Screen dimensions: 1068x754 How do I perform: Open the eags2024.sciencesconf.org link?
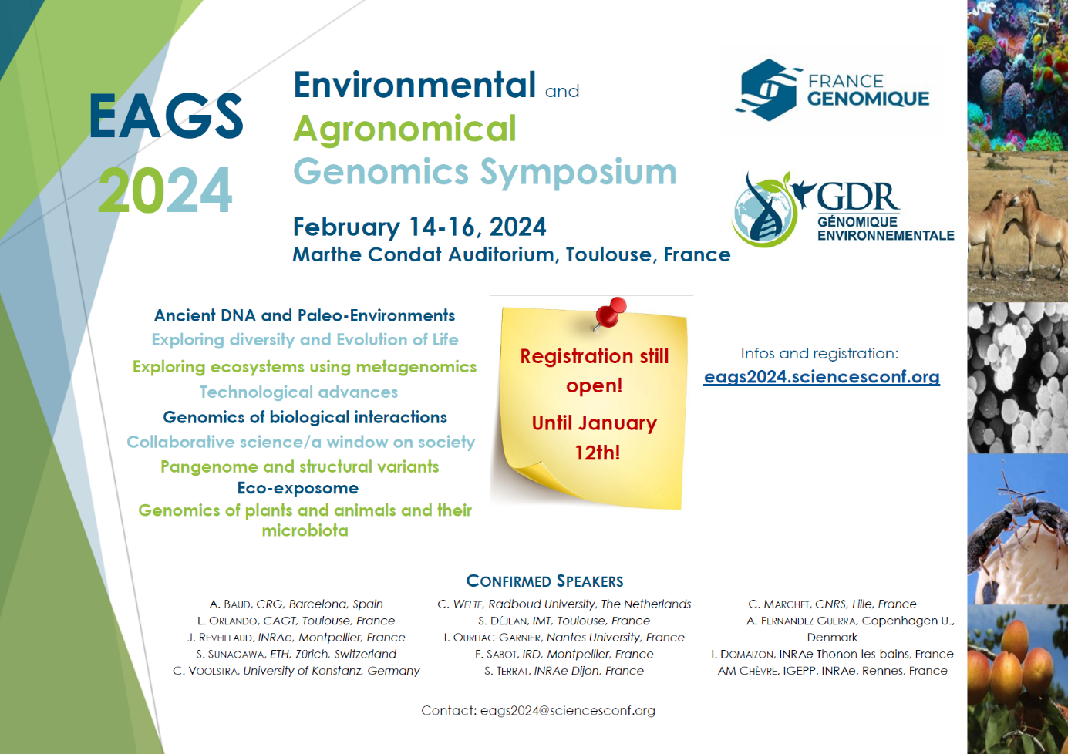click(821, 377)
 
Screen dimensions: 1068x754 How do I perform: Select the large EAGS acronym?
click(166, 116)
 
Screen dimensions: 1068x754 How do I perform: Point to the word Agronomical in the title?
click(405, 129)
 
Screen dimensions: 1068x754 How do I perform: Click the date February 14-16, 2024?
click(419, 227)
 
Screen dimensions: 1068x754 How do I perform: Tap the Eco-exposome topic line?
click(298, 488)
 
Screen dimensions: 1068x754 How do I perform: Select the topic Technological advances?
click(298, 392)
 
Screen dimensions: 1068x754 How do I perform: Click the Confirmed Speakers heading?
click(544, 581)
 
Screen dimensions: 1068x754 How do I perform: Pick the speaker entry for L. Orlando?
click(296, 621)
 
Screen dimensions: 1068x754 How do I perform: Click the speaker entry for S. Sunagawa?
click(296, 654)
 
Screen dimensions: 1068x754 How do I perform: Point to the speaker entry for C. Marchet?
click(832, 604)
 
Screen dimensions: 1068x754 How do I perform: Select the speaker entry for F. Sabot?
click(564, 654)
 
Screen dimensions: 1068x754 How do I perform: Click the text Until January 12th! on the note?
click(595, 438)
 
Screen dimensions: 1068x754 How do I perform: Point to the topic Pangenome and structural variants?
click(299, 466)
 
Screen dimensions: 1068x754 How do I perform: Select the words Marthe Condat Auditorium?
click(423, 254)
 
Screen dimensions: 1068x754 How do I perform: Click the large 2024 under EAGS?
click(165, 190)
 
